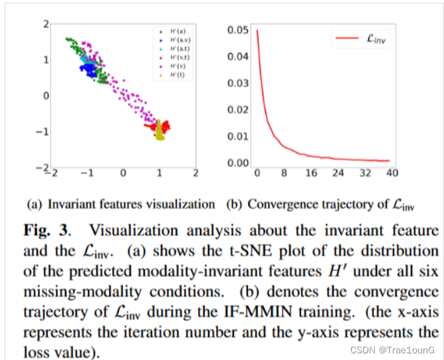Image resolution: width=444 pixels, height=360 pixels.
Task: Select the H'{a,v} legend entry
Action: coord(175,41)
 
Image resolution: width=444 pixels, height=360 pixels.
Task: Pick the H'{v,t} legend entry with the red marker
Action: coord(175,58)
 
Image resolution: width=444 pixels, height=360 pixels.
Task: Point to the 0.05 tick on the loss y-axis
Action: coord(238,30)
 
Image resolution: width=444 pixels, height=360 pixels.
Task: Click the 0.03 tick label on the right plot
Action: coord(238,83)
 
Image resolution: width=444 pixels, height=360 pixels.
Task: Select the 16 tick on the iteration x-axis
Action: coord(311,175)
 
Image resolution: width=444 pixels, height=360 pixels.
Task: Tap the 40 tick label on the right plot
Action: coord(391,175)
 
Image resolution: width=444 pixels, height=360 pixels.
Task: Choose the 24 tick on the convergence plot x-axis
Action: coord(338,175)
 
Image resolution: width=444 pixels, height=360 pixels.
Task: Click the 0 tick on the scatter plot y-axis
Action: coord(46,96)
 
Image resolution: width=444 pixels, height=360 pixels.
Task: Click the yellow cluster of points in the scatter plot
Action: coord(160,135)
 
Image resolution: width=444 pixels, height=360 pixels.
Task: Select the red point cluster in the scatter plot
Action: coord(160,125)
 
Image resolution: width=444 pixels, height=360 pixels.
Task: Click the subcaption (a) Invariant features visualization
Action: coord(120,205)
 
